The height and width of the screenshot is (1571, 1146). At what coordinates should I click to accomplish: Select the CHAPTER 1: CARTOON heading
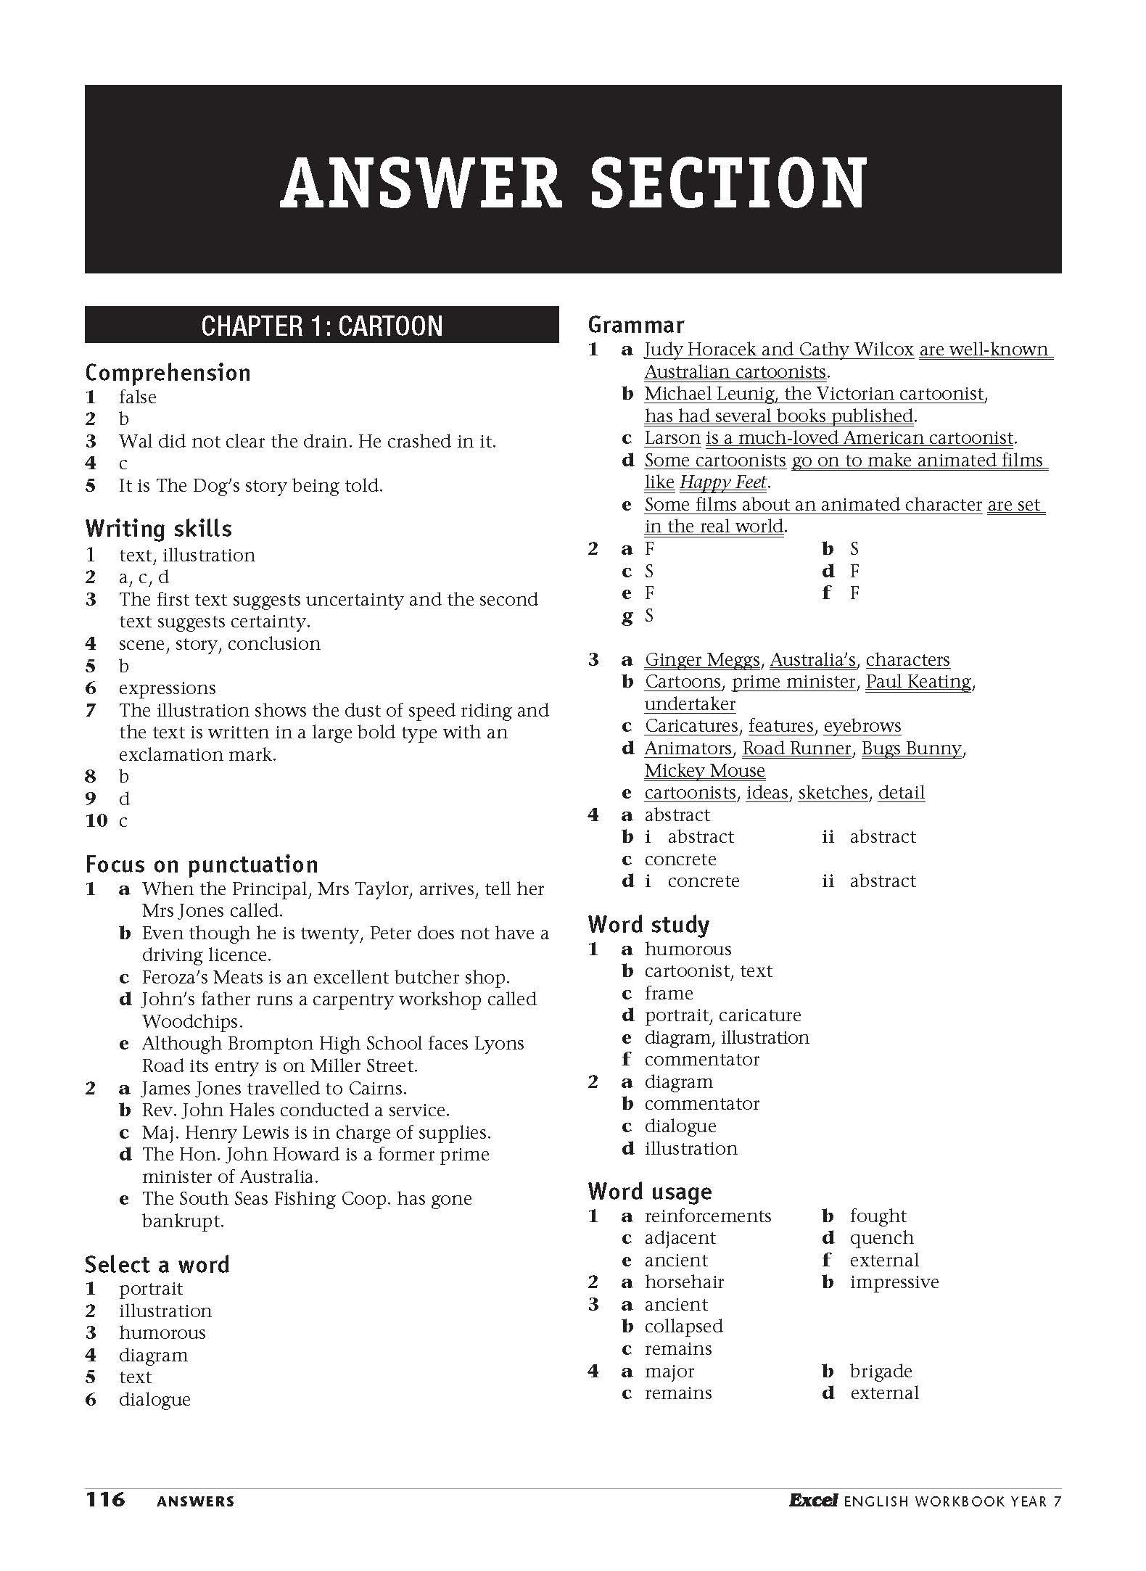[x=321, y=326]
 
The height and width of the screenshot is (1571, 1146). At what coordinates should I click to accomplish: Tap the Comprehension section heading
[x=168, y=373]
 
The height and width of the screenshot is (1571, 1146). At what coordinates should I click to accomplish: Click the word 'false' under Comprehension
[x=138, y=397]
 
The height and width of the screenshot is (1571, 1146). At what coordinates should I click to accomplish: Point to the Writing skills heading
[x=158, y=529]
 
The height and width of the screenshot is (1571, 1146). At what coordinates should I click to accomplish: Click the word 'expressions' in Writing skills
[x=168, y=688]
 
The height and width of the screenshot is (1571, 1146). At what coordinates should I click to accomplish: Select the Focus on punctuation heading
[x=202, y=865]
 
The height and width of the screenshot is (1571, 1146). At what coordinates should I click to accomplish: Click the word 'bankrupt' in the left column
[x=183, y=1221]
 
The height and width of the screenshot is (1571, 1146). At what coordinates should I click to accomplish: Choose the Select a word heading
[x=157, y=1265]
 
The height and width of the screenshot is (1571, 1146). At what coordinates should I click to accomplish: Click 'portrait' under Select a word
[x=151, y=1289]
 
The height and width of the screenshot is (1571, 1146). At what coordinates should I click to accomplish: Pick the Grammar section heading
[x=636, y=325]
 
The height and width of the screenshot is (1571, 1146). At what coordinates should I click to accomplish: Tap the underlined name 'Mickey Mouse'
[x=704, y=770]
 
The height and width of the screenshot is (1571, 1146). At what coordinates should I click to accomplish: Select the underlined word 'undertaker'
[x=690, y=704]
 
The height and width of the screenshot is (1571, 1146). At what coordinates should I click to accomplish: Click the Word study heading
[x=648, y=925]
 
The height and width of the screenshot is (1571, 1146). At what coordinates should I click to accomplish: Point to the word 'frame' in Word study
[x=669, y=993]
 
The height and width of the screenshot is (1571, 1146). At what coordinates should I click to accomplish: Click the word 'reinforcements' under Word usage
[x=708, y=1216]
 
